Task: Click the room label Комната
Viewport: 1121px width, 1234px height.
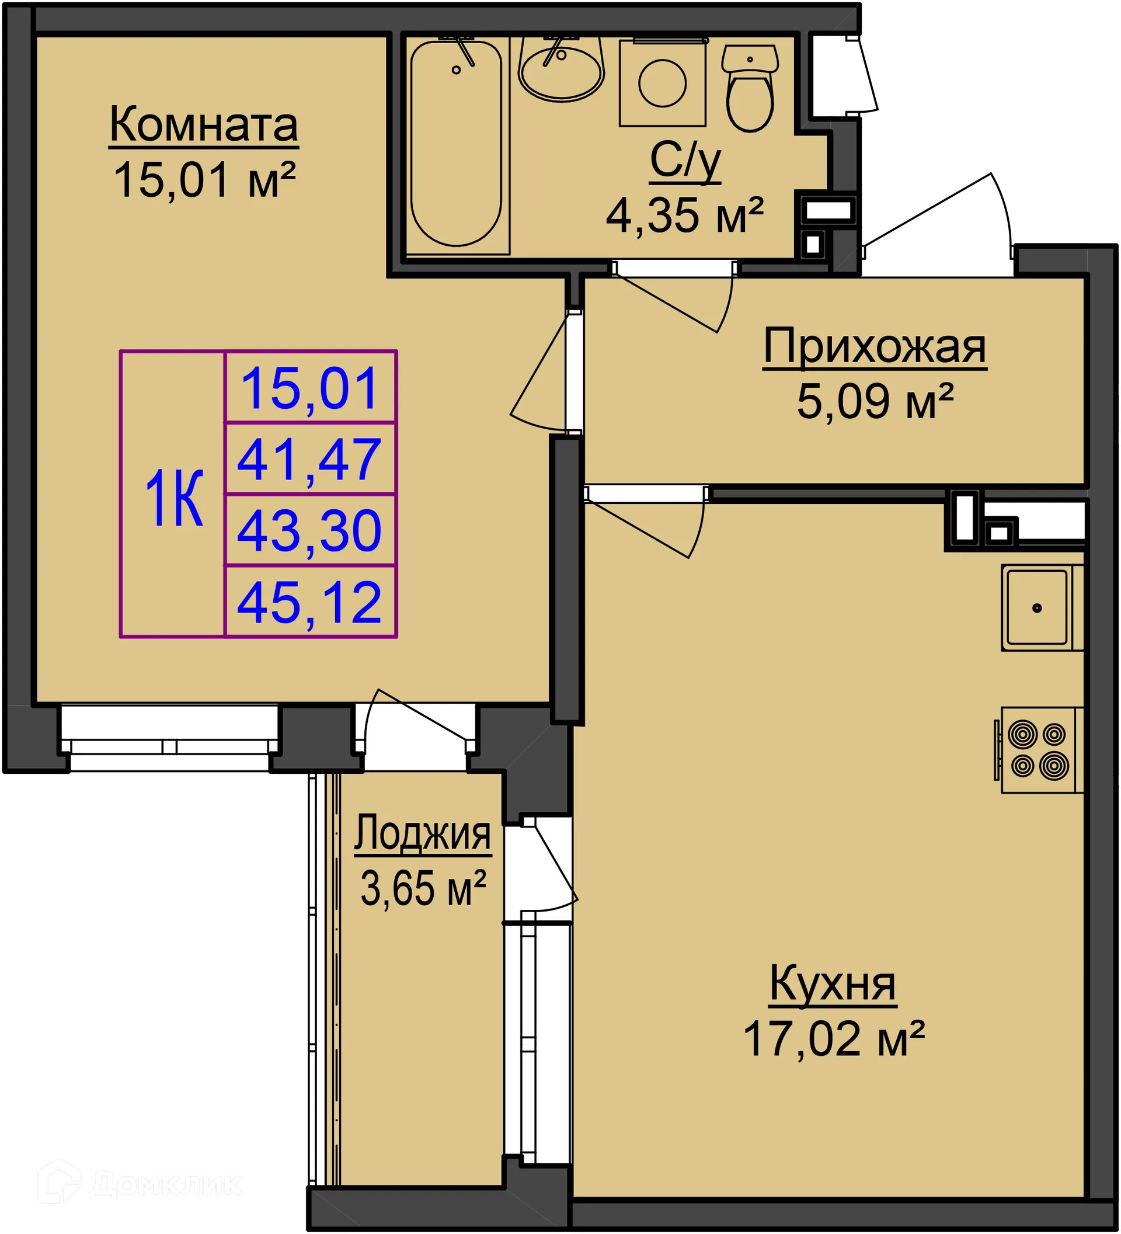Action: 203,126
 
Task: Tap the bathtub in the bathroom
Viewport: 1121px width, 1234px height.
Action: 456,144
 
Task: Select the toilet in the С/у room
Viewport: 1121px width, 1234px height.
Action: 750,89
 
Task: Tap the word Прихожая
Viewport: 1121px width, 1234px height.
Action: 874,347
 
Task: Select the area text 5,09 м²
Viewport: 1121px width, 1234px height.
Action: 874,402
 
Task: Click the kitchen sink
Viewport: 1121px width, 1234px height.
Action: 1039,608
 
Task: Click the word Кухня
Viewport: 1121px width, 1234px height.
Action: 832,984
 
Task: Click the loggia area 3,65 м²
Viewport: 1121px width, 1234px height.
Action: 422,889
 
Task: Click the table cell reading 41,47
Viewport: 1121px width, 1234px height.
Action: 309,459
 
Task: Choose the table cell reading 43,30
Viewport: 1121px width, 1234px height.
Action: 309,531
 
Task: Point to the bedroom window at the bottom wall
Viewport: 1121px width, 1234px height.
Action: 169,738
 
